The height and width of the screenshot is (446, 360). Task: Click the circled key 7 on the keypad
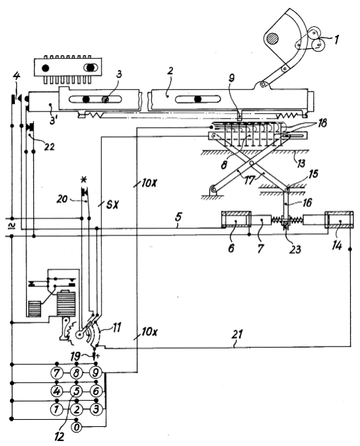(x=57, y=372)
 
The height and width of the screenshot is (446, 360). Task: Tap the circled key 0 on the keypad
(x=76, y=427)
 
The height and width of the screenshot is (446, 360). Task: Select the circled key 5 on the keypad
(x=76, y=392)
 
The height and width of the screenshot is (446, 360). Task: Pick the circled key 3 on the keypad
(x=95, y=409)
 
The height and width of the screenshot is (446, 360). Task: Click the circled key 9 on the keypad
(x=95, y=372)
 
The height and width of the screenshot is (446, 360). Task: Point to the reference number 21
(x=237, y=334)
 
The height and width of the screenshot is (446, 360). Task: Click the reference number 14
(x=337, y=246)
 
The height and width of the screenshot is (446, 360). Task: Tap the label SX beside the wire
(x=113, y=205)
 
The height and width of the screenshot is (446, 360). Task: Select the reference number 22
(x=49, y=146)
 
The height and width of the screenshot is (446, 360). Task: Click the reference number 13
(x=301, y=163)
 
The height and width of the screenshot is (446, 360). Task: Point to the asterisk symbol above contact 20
(x=83, y=180)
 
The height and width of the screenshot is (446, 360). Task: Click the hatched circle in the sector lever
(x=272, y=39)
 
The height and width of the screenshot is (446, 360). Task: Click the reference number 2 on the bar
(x=170, y=71)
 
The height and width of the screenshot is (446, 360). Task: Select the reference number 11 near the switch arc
(x=117, y=327)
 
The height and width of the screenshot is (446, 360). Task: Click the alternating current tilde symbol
(x=11, y=226)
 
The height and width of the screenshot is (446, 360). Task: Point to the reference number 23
(x=295, y=250)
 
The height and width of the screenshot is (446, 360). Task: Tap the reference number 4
(x=17, y=76)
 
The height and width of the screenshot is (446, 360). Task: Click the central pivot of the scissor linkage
(x=252, y=163)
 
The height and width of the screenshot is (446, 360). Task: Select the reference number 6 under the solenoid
(x=231, y=248)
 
